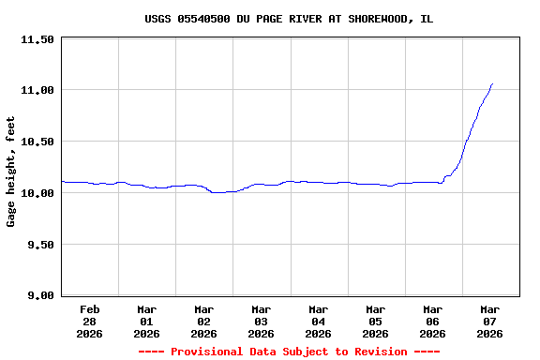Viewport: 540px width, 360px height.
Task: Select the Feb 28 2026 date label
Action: click(x=90, y=321)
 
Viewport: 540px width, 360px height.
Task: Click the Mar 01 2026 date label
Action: click(x=147, y=321)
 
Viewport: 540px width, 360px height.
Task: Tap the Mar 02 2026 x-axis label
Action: click(x=204, y=321)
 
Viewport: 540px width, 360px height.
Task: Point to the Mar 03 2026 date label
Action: click(x=262, y=321)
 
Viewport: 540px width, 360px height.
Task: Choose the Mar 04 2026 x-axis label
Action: click(x=319, y=321)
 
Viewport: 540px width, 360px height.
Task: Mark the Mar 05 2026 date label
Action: click(x=376, y=321)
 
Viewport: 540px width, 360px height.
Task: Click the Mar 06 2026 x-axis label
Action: click(x=433, y=321)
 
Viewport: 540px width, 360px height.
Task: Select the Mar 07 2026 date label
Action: click(x=490, y=321)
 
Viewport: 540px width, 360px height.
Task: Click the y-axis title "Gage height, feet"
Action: click(x=11, y=172)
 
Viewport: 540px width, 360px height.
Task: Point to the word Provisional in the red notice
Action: click(x=208, y=352)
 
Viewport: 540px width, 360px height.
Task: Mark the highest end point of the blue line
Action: click(x=492, y=83)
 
